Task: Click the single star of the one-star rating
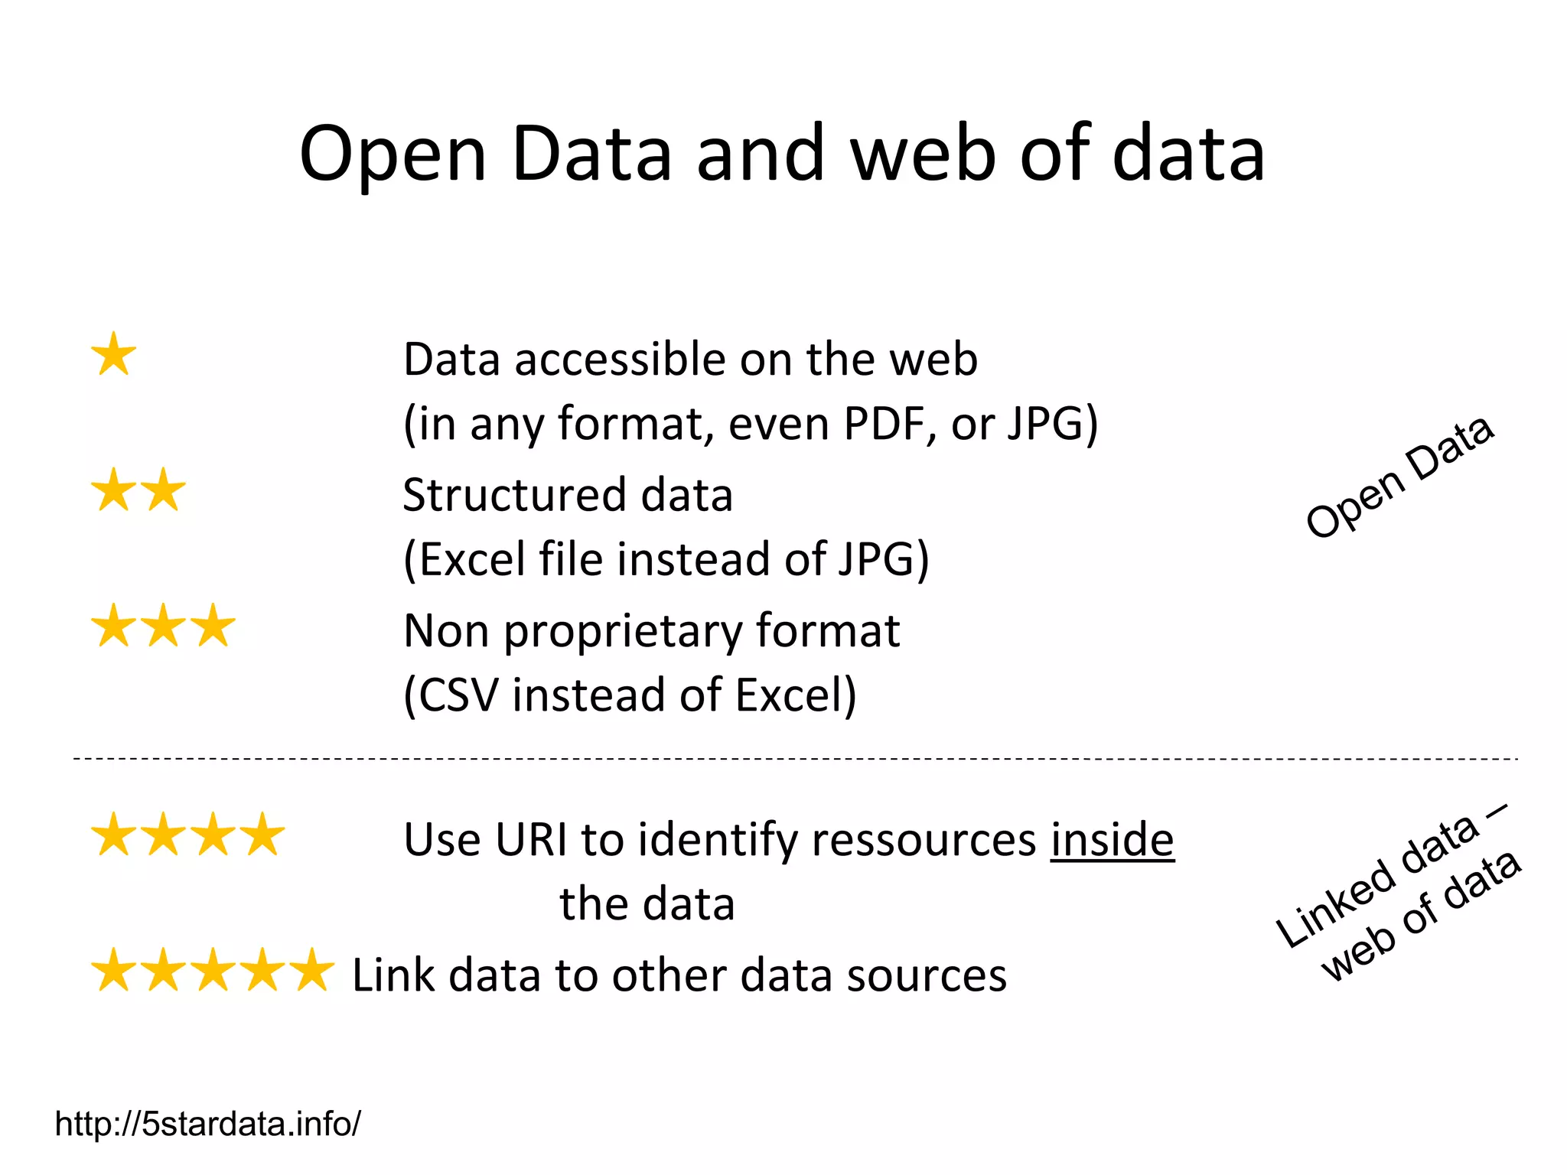click(x=114, y=355)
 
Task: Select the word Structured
click(x=511, y=496)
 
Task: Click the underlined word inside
click(x=1112, y=840)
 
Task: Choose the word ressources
click(x=924, y=840)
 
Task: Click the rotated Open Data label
click(x=1399, y=478)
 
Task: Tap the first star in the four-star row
click(x=114, y=835)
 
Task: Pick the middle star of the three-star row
click(x=164, y=626)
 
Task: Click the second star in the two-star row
click(x=164, y=490)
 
